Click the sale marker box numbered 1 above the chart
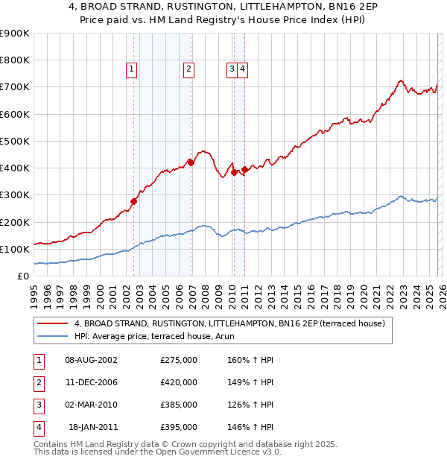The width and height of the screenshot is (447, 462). point(131,69)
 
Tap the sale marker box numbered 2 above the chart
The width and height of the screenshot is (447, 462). point(189,69)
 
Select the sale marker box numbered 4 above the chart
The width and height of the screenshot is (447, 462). point(243,69)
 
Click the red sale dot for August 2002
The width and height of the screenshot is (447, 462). point(134,200)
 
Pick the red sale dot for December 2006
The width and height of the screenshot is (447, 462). point(191,162)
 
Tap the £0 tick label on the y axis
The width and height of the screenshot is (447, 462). point(23,276)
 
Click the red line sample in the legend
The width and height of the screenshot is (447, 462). point(52,323)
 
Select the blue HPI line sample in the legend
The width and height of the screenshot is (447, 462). point(52,336)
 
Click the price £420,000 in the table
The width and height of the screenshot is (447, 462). point(179,382)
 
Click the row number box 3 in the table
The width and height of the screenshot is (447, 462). point(38,405)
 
